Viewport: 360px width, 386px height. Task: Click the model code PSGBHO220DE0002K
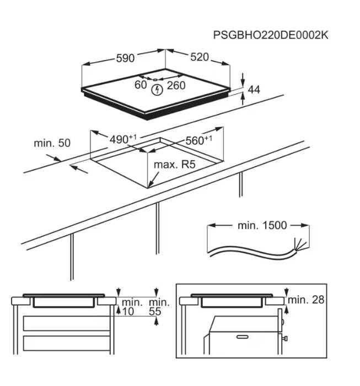[x=271, y=35]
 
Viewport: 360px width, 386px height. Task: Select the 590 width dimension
[x=125, y=58]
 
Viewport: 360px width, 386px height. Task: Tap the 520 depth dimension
[x=200, y=57]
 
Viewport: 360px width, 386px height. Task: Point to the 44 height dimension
[x=254, y=89]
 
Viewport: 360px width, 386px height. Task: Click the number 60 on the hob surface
[x=141, y=85]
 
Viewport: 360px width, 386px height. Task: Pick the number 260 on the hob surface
[x=176, y=85]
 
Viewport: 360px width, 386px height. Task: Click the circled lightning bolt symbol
[x=157, y=90]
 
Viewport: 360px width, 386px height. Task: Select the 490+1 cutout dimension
[x=123, y=139]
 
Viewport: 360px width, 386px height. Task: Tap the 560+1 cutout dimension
[x=198, y=140]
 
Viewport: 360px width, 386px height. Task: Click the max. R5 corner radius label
[x=174, y=165]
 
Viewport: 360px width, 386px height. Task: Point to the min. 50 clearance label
[x=52, y=143]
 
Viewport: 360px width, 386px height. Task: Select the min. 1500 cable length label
[x=262, y=225]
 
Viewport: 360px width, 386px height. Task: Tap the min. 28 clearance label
[x=306, y=300]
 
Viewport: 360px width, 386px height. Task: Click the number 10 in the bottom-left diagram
[x=128, y=312]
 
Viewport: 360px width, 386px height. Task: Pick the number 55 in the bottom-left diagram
[x=155, y=312]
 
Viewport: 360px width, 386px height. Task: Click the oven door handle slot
[x=243, y=336]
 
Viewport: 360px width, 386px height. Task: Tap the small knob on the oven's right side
[x=286, y=339]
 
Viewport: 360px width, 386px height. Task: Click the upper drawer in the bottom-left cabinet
[x=67, y=323]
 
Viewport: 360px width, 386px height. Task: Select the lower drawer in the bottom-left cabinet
[x=67, y=343]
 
